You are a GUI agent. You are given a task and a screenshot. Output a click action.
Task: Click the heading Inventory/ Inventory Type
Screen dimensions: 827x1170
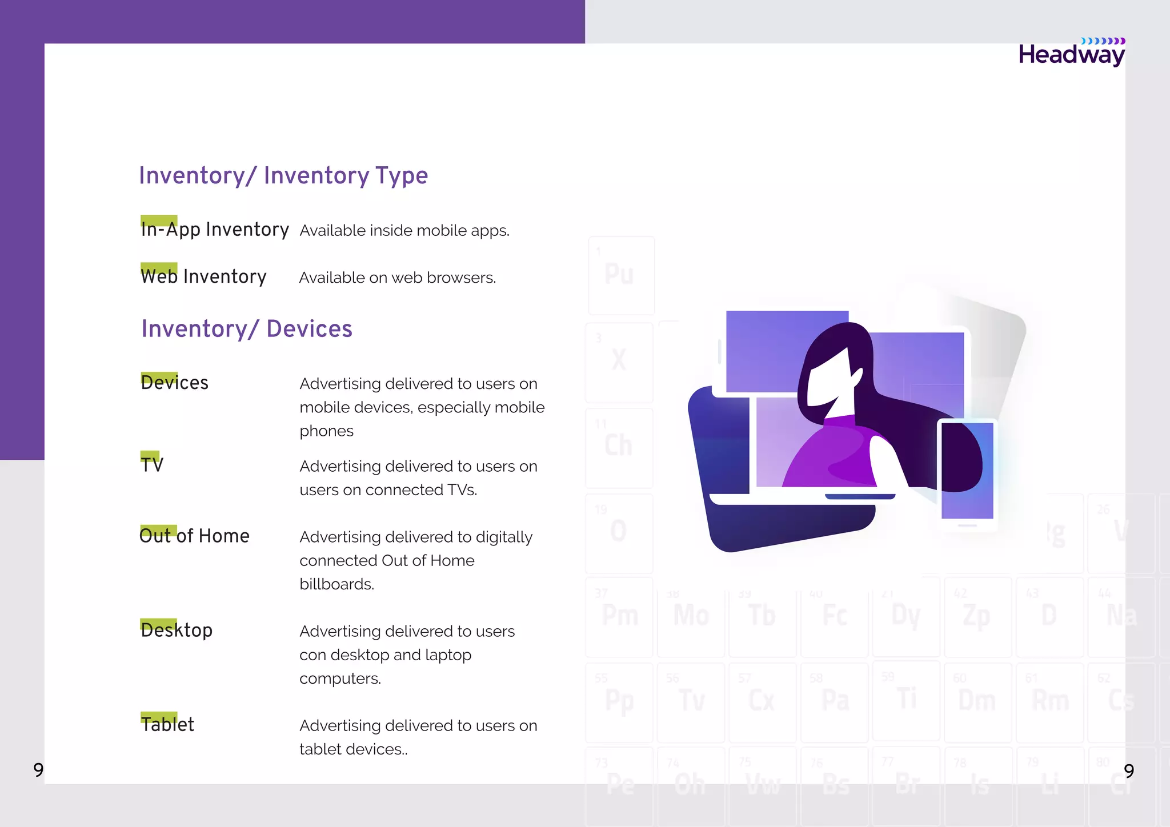click(283, 175)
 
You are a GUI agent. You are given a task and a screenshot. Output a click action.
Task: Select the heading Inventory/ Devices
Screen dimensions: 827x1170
click(247, 329)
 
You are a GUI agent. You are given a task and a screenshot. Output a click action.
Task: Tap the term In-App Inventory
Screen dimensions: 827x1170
click(215, 230)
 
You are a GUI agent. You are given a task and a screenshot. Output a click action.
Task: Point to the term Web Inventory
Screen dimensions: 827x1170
click(203, 277)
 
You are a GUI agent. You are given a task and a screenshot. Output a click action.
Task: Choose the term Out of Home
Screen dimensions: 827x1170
click(195, 536)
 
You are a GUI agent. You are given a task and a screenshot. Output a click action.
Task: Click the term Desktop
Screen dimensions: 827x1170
click(177, 630)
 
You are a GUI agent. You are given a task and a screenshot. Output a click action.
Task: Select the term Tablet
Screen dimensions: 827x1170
click(167, 724)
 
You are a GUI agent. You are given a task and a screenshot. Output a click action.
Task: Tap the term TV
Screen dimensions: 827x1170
click(152, 465)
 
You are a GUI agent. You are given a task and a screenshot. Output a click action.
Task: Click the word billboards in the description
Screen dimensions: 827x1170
click(336, 584)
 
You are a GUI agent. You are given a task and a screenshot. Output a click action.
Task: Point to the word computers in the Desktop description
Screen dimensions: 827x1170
click(340, 679)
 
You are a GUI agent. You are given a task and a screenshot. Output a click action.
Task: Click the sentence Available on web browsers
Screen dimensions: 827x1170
click(398, 278)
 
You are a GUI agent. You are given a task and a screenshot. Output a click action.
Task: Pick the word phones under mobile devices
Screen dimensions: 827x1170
click(326, 431)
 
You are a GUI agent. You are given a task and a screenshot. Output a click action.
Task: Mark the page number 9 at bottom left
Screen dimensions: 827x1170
click(38, 770)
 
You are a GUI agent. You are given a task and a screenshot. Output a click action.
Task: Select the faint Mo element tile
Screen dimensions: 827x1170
click(691, 617)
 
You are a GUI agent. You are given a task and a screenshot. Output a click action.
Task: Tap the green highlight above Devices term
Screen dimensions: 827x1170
click(159, 376)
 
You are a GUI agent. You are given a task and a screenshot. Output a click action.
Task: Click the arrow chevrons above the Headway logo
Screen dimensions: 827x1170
click(1103, 41)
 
